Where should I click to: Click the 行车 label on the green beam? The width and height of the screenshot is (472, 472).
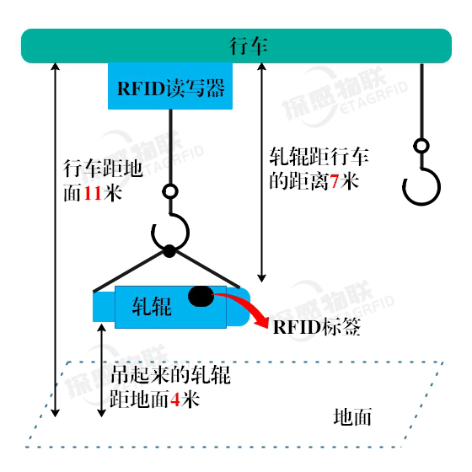tap(249, 46)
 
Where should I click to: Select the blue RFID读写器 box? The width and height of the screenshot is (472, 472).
tap(170, 86)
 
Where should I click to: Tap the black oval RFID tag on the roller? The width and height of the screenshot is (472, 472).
tap(201, 296)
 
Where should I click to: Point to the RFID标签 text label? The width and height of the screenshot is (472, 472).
tap(316, 327)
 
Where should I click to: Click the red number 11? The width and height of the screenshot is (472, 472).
tap(93, 193)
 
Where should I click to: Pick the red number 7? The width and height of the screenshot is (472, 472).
tap(334, 181)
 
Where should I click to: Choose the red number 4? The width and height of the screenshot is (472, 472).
tap(175, 400)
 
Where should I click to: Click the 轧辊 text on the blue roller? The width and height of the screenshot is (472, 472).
tap(152, 307)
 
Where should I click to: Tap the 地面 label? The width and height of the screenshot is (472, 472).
tap(352, 417)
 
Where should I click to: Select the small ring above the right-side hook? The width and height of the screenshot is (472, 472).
tap(421, 146)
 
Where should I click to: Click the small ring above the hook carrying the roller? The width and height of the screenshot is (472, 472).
tap(170, 191)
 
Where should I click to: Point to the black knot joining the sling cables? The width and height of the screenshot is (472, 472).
tap(169, 251)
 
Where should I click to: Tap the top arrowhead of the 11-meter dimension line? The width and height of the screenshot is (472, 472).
tap(55, 67)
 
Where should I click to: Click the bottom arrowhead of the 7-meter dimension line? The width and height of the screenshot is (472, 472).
tap(261, 278)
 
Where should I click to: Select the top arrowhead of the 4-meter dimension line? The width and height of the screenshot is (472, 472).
tap(102, 328)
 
